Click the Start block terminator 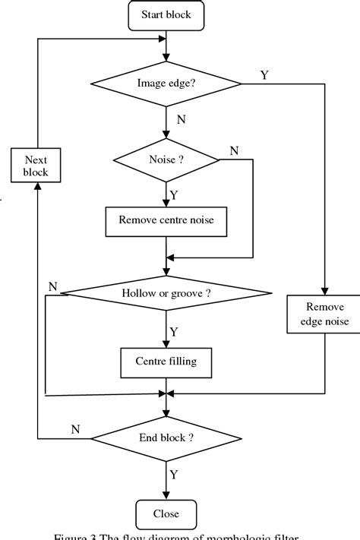166,14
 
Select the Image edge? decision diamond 166,83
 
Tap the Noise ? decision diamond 166,160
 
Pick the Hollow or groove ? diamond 166,293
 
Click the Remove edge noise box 326,314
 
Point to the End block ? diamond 166,438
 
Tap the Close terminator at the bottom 166,513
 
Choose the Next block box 36,166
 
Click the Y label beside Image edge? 264,75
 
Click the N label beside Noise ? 233,150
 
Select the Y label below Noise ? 174,195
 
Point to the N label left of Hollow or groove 52,286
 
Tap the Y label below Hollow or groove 174,332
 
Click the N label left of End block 75,430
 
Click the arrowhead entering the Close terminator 166,496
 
